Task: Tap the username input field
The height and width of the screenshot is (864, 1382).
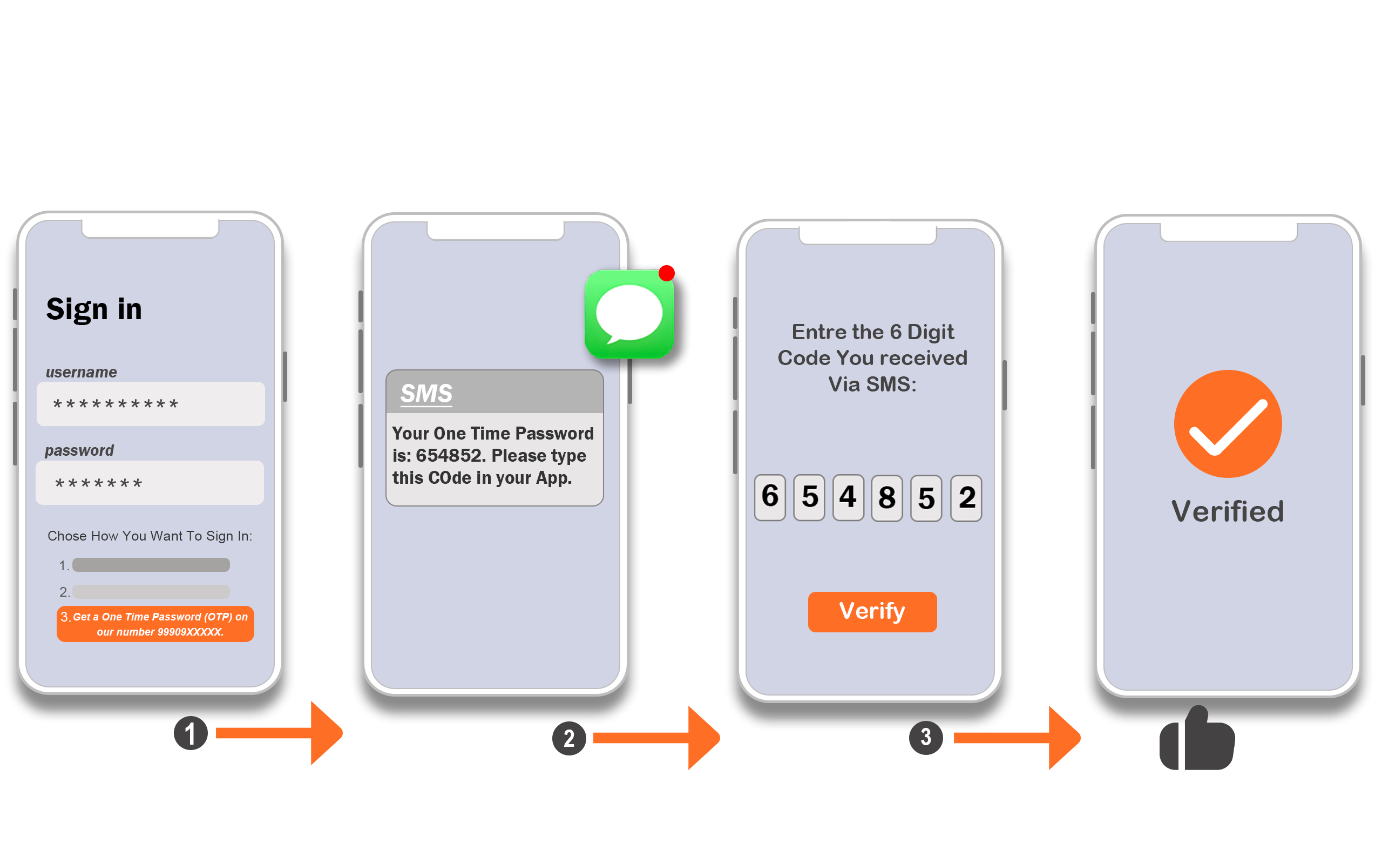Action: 151,404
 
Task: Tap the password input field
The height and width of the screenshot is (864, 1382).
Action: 150,483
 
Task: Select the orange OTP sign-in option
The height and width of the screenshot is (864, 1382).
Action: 155,624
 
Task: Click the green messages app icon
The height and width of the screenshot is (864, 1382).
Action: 629,314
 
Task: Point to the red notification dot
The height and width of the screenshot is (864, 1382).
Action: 667,273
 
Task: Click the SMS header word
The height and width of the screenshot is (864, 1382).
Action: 426,394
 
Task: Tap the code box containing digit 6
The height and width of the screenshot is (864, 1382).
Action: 770,497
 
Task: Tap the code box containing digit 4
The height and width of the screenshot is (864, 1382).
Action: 848,497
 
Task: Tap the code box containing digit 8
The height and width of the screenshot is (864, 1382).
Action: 887,498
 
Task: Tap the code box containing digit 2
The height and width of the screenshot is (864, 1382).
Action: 966,498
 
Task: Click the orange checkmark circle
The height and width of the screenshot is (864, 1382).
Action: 1228,424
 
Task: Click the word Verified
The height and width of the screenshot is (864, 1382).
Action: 1228,511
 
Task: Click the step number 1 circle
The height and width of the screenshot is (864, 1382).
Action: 191,733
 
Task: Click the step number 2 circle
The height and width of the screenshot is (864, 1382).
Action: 569,738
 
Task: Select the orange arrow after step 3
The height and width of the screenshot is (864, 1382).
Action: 1017,738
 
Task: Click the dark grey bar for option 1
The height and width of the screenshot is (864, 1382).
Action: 151,565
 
